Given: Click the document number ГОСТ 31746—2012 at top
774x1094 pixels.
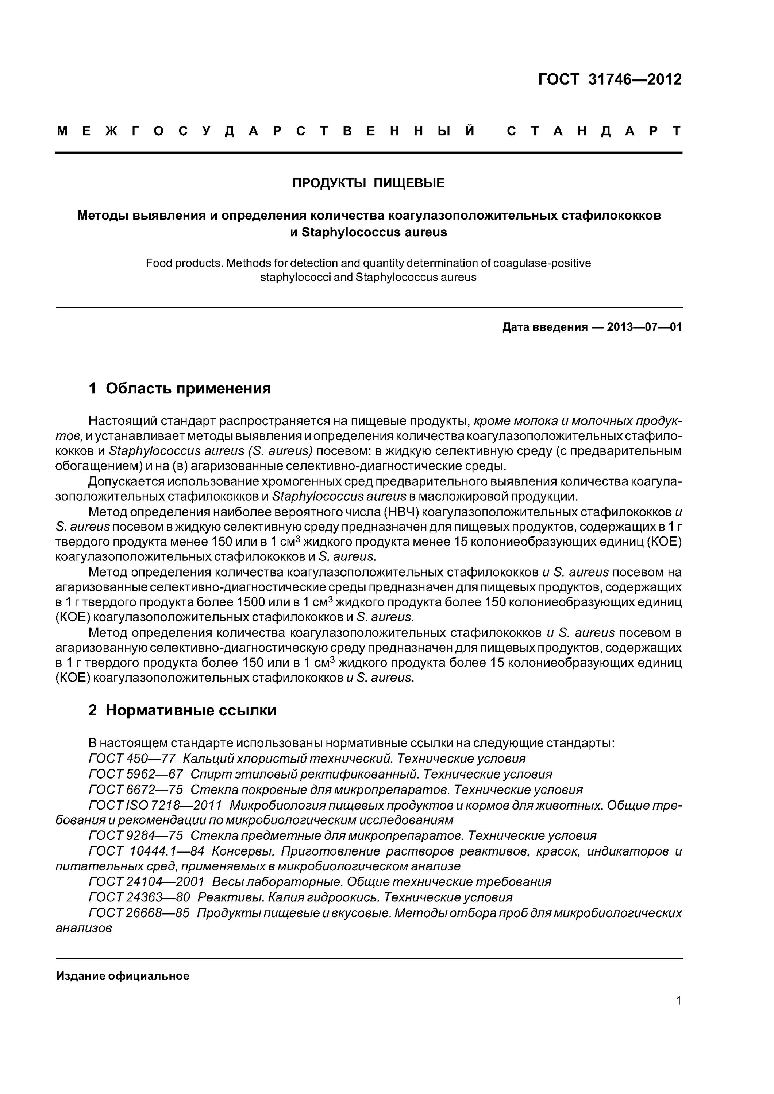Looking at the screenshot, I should pos(609,79).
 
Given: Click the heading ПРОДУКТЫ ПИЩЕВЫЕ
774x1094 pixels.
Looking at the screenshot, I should pos(368,183).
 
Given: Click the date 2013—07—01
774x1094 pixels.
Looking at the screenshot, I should pos(644,327).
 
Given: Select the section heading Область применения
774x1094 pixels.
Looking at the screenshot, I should pos(188,388).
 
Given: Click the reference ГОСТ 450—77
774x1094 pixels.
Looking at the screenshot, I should pos(132,759).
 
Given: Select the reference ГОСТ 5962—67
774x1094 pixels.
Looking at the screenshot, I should pos(135,774).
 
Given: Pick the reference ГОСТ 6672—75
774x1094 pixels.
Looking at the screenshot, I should pos(135,790).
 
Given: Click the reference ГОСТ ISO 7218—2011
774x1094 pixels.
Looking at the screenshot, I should pos(155,805).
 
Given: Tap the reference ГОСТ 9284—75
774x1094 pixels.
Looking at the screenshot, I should pos(135,836).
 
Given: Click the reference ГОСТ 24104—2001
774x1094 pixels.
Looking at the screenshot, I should pos(146,882).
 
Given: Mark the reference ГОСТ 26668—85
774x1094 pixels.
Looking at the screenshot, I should pos(139,913).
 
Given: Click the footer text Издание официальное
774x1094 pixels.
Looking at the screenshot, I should pos(123,976).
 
